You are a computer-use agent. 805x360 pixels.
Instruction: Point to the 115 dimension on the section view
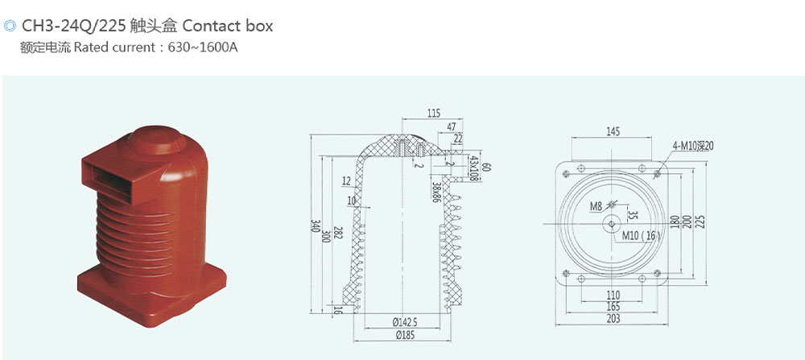[x=434, y=114]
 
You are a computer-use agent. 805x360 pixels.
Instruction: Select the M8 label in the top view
[x=596, y=207]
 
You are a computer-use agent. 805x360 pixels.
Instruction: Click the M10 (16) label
[x=642, y=236]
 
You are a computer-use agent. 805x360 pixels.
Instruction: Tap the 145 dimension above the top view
[x=613, y=132]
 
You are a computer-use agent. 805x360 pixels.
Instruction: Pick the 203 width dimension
[x=613, y=319]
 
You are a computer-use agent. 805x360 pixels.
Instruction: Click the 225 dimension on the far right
[x=701, y=221]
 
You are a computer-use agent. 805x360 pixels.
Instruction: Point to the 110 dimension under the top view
[x=613, y=296]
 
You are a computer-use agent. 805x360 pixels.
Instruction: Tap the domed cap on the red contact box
[x=158, y=139]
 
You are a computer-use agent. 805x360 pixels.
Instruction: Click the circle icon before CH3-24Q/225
[x=9, y=26]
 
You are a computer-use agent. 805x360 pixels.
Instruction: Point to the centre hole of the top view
[x=612, y=223]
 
